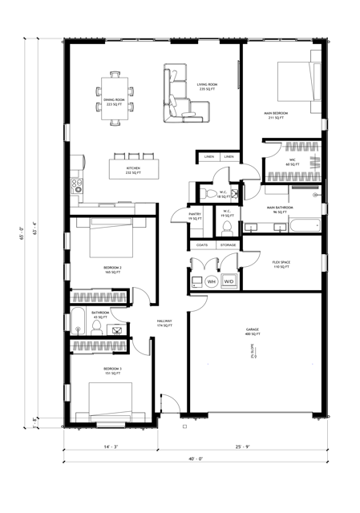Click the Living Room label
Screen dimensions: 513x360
click(x=208, y=87)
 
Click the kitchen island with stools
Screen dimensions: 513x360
click(x=133, y=169)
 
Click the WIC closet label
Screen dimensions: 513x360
click(x=293, y=161)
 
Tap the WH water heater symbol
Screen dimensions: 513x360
click(x=212, y=281)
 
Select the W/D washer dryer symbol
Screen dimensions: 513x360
click(x=229, y=281)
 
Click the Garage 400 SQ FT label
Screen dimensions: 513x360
click(x=253, y=331)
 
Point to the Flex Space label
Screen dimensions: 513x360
click(x=280, y=264)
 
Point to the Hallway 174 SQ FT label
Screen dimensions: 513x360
click(x=164, y=324)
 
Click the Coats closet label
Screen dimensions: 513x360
click(x=200, y=244)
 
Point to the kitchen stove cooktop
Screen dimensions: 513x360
click(x=78, y=187)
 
